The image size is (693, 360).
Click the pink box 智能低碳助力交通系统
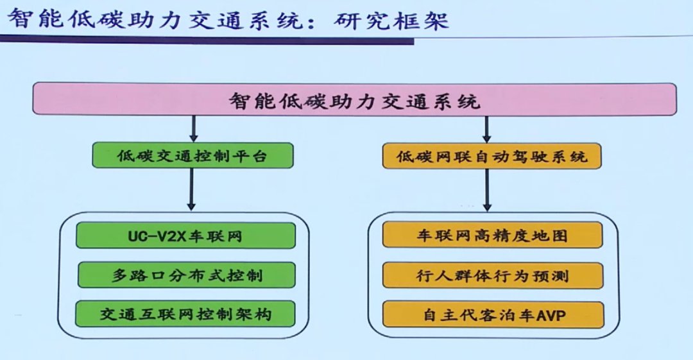[354, 99]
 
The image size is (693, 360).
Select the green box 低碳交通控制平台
[193, 155]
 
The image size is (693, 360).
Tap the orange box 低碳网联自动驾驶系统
[492, 156]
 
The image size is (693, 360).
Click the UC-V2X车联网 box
[185, 236]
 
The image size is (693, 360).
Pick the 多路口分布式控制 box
[187, 275]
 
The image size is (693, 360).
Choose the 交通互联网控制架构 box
[185, 314]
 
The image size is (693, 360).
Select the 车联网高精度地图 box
[492, 235]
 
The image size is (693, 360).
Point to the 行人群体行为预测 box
[493, 275]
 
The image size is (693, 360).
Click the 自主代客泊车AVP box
[493, 315]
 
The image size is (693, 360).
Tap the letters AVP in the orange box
[551, 316]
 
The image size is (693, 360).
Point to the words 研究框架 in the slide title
[391, 20]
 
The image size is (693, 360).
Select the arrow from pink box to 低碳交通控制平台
[194, 129]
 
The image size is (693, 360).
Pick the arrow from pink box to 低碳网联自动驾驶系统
[486, 129]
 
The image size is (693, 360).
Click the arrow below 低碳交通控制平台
[191, 189]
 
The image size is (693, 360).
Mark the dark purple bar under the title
[207, 40]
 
